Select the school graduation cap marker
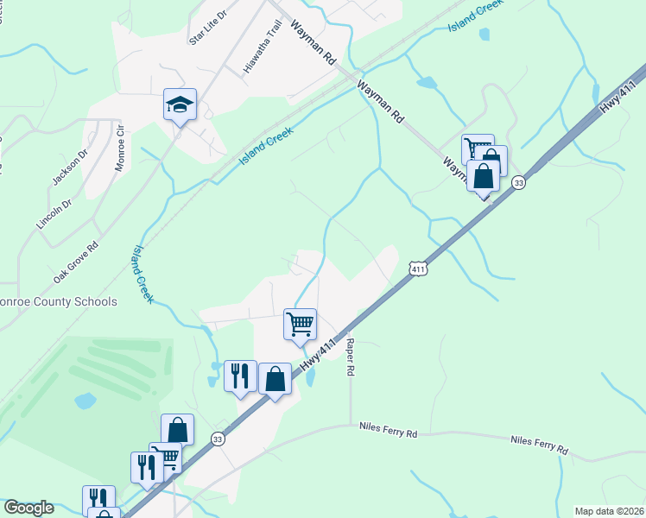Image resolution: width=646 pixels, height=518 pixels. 180,105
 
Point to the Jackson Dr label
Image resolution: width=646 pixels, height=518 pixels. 70,167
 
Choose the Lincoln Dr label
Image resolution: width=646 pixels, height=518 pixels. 51,211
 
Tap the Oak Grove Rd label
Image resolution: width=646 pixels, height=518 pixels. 76,262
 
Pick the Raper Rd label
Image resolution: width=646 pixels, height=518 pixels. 351,356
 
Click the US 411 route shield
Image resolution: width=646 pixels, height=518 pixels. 418,269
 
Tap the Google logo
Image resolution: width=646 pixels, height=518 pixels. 28,508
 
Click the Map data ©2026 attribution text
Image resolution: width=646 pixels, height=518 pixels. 609,511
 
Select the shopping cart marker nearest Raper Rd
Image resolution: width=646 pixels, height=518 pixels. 300,325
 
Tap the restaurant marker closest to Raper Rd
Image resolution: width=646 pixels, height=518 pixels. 240,376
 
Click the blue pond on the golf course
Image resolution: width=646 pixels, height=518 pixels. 85,401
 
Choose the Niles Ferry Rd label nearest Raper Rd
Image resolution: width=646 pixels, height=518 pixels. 388,427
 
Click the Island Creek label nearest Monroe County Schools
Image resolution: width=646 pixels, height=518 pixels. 142,274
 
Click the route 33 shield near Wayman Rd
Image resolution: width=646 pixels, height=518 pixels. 518,182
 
